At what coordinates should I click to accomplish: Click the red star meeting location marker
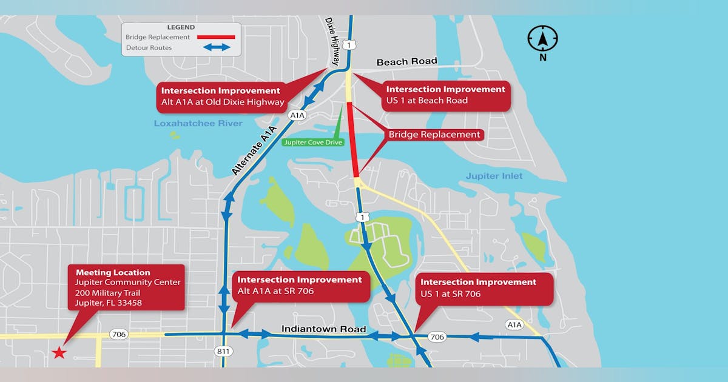(x=59, y=352)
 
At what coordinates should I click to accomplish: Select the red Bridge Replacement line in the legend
(x=213, y=37)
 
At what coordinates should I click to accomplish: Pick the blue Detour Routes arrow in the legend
(x=217, y=47)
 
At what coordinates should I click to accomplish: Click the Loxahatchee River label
(x=198, y=124)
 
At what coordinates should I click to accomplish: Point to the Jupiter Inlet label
(x=494, y=176)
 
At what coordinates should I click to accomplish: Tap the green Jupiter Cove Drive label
(x=313, y=142)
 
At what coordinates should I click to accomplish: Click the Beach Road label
(x=406, y=62)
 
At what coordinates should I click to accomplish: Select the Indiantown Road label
(x=323, y=329)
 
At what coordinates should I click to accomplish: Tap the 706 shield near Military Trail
(x=118, y=334)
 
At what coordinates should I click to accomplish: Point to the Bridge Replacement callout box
(x=434, y=135)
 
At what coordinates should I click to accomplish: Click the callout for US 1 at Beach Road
(x=445, y=95)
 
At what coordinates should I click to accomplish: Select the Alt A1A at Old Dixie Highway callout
(x=222, y=96)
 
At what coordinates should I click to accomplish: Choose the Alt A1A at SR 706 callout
(x=300, y=286)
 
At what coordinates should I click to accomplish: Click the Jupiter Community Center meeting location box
(x=126, y=287)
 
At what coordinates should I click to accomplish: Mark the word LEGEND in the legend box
(x=181, y=27)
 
